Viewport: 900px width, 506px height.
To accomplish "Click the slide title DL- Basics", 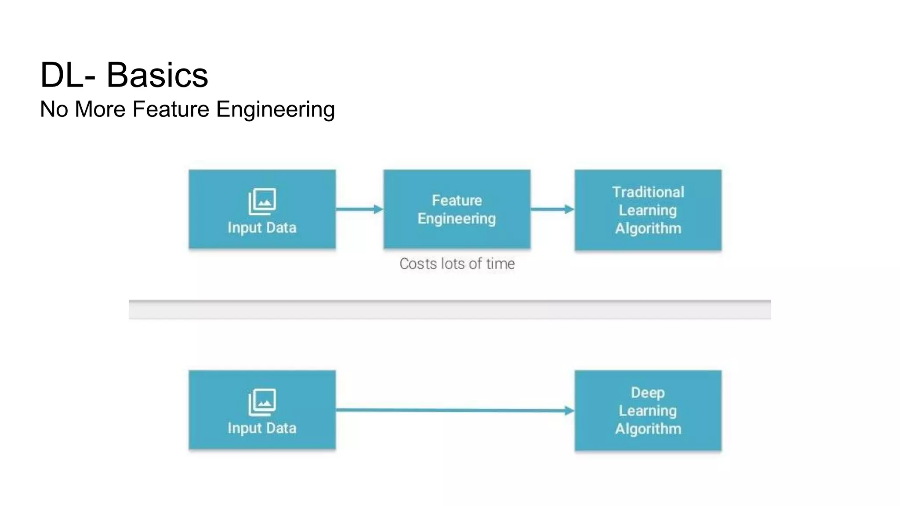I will click(x=124, y=75).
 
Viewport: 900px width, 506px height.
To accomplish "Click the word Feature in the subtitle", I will click(x=171, y=109).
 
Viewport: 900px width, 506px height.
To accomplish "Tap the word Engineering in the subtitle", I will click(x=275, y=110).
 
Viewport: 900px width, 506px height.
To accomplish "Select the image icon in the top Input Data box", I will click(x=262, y=202).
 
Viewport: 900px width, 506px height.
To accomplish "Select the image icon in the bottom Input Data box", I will click(x=262, y=402).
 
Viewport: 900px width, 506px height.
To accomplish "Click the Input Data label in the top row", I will click(x=262, y=228).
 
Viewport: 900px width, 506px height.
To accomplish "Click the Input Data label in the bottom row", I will click(x=262, y=428).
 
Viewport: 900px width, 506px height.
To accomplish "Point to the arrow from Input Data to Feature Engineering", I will click(x=359, y=209).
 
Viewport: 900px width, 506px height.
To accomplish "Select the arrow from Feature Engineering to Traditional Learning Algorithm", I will click(x=552, y=209).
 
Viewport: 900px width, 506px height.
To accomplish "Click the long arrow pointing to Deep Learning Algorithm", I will click(x=455, y=410).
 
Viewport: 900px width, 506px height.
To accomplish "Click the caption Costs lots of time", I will click(x=457, y=264).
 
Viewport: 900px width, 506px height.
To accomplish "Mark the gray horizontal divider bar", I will click(x=450, y=310).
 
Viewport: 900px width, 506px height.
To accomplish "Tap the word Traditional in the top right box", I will click(x=648, y=192).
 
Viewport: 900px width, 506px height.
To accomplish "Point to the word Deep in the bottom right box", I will click(x=648, y=392).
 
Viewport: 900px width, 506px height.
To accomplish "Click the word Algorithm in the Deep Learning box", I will click(x=648, y=429).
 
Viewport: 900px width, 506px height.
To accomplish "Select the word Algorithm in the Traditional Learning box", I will click(x=648, y=228).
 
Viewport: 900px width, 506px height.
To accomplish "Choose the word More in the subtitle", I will click(x=100, y=109).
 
